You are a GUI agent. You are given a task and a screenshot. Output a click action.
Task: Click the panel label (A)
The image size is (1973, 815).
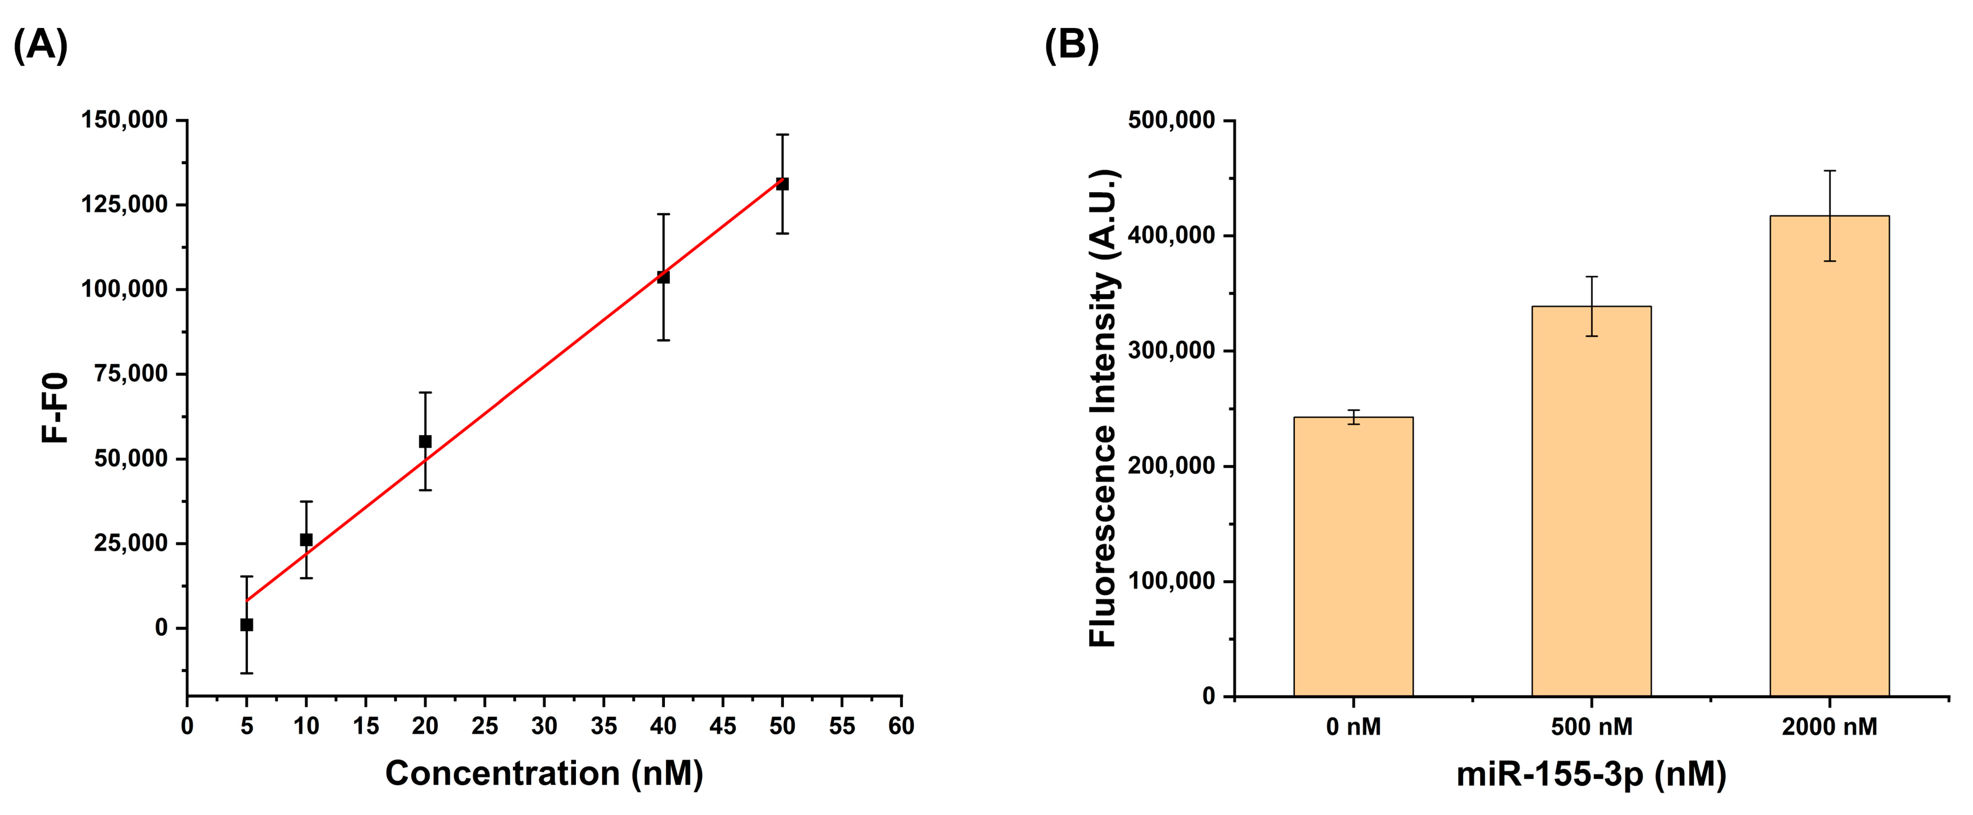pyautogui.click(x=41, y=45)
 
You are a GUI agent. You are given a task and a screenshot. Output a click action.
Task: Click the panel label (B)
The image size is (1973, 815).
pyautogui.click(x=1071, y=45)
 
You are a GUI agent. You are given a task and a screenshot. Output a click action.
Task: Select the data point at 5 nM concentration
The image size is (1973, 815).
pyautogui.click(x=247, y=625)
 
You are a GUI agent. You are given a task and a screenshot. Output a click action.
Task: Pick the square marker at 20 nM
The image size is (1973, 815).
pyautogui.click(x=425, y=442)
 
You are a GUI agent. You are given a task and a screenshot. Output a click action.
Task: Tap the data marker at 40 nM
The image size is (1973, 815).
pyautogui.click(x=663, y=277)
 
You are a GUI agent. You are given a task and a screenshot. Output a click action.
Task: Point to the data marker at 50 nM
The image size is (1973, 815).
pyautogui.click(x=782, y=184)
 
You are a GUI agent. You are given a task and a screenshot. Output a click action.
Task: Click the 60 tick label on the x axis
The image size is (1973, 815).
pyautogui.click(x=902, y=726)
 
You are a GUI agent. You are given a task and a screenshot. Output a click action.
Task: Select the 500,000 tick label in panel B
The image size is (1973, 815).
pyautogui.click(x=1172, y=120)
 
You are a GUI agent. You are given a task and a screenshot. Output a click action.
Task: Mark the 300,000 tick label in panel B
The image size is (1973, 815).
pyautogui.click(x=1172, y=351)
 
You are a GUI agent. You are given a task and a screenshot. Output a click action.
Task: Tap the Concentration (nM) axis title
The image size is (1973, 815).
pyautogui.click(x=544, y=774)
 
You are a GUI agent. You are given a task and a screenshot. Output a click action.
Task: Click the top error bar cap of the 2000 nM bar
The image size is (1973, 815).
pyautogui.click(x=1830, y=171)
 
